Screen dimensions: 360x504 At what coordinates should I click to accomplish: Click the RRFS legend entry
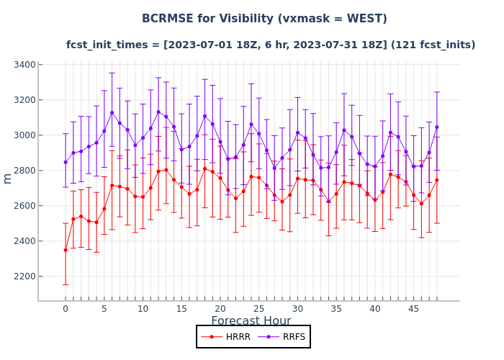(284, 337)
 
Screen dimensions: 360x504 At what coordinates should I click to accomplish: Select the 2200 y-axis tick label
(24, 276)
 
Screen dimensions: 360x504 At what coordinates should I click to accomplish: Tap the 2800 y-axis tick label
(24, 171)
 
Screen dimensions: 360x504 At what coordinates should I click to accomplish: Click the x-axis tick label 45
(414, 309)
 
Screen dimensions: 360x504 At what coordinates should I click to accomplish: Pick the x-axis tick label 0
(66, 309)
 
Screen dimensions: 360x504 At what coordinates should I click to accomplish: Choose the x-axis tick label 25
(259, 309)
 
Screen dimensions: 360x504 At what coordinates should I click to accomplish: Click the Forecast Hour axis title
(251, 321)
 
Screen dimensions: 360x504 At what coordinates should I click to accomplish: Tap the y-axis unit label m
(8, 178)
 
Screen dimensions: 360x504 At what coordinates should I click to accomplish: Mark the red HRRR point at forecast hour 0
(66, 250)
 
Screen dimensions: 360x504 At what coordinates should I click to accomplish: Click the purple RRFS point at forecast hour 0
(66, 162)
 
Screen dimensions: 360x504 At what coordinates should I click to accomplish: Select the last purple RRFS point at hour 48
(437, 127)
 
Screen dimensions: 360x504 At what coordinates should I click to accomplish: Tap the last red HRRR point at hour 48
(437, 180)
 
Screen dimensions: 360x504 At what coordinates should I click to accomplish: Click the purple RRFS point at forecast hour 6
(112, 113)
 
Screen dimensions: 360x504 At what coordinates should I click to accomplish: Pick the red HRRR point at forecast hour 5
(104, 209)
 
